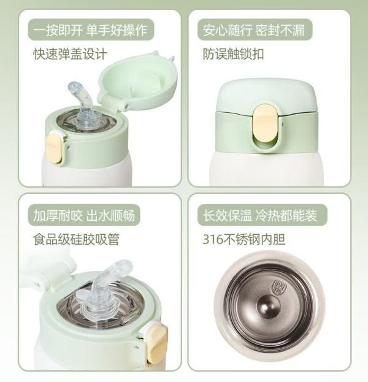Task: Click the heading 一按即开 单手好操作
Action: click(x=90, y=30)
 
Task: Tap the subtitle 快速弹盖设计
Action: click(x=70, y=54)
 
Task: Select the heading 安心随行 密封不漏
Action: click(x=254, y=30)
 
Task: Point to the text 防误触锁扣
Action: click(x=233, y=54)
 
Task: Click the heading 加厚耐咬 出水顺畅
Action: click(x=84, y=215)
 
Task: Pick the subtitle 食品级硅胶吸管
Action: click(x=76, y=239)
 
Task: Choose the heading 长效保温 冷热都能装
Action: click(x=260, y=215)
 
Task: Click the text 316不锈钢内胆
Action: click(x=244, y=239)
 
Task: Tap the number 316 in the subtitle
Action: click(x=213, y=240)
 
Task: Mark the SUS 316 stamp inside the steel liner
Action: click(x=280, y=288)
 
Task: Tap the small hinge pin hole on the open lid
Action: click(x=126, y=105)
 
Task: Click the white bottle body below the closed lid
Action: click(x=267, y=169)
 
